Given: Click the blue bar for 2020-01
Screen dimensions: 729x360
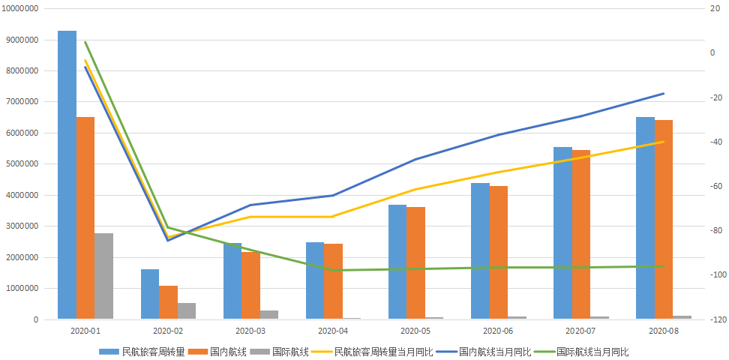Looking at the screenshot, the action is click(x=67, y=175).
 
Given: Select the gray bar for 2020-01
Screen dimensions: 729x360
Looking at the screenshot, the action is click(x=103, y=276).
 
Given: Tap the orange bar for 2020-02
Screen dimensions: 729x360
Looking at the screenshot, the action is click(x=168, y=302).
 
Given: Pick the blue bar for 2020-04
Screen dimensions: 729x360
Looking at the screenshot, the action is click(x=315, y=280).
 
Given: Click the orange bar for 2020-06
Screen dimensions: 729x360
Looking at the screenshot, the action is click(x=499, y=253).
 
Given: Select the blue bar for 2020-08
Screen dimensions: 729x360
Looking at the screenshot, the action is click(x=645, y=218).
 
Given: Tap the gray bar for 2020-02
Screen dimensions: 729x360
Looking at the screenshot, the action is click(x=187, y=311).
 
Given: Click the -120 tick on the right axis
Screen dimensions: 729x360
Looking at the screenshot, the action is click(x=714, y=319).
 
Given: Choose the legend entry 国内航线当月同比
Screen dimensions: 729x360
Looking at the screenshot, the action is click(x=484, y=352).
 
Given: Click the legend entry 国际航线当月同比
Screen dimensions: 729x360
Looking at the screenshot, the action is click(x=583, y=352).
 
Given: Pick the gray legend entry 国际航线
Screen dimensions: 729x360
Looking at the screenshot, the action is click(x=279, y=352).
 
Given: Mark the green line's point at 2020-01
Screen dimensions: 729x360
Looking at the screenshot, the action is click(x=85, y=42).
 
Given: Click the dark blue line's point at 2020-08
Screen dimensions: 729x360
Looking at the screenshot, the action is click(x=664, y=94).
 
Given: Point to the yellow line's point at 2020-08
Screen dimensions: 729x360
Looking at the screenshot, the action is click(x=664, y=142).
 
